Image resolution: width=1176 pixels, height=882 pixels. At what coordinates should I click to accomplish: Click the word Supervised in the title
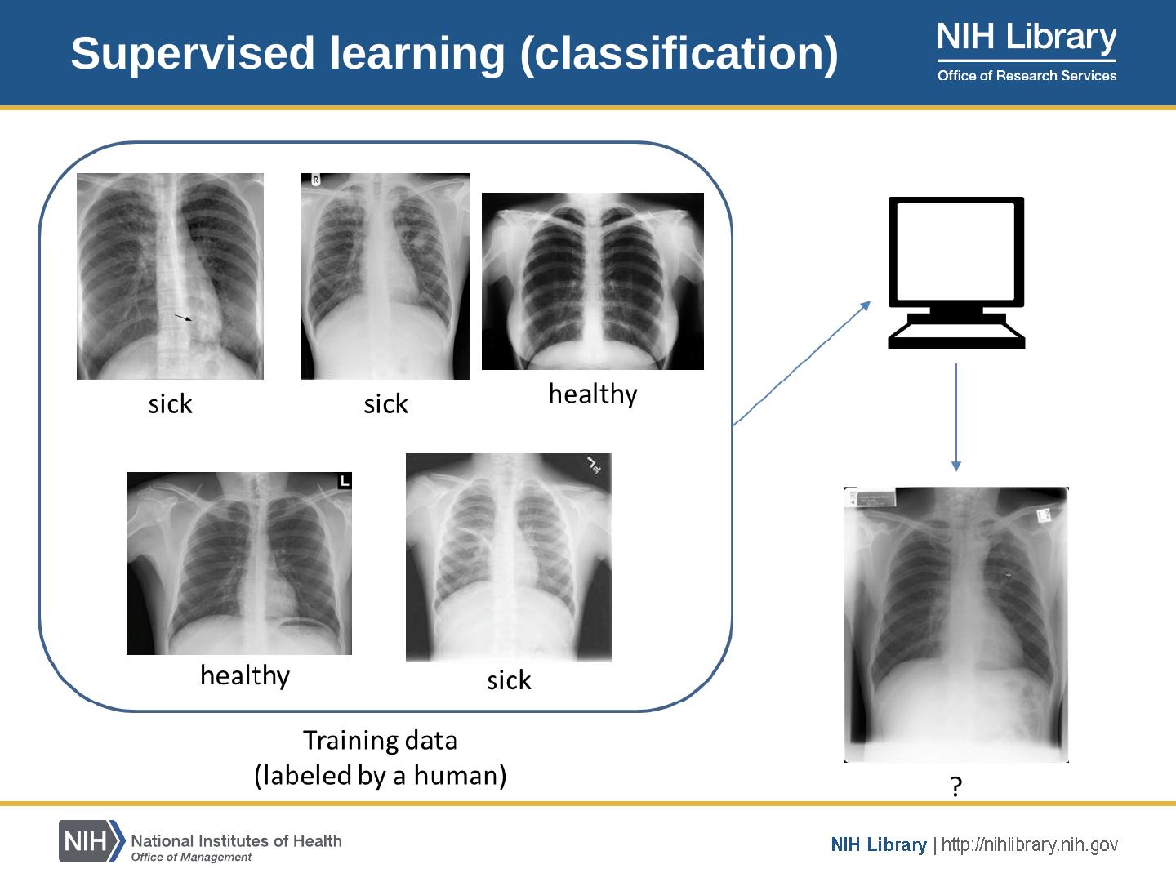(193, 54)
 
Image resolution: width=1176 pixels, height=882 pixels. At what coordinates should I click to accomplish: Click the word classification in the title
(678, 54)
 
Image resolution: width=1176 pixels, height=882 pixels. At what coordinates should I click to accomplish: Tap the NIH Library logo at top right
(1027, 39)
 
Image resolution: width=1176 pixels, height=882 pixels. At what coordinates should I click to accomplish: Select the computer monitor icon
(956, 272)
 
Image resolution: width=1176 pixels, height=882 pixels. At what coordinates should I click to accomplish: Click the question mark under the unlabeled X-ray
(956, 786)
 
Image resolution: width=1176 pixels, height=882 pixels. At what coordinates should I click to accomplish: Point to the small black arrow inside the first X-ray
(184, 317)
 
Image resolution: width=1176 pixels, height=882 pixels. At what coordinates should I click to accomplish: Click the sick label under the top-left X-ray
(170, 404)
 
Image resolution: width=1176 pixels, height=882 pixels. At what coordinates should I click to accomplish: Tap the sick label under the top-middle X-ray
(385, 404)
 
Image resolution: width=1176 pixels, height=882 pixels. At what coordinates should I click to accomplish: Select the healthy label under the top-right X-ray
(592, 394)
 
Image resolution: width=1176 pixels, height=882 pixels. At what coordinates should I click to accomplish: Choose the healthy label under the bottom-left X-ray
(245, 676)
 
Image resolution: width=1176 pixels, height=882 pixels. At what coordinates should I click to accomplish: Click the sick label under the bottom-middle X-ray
(509, 680)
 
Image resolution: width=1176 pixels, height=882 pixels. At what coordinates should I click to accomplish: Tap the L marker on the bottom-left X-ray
(345, 481)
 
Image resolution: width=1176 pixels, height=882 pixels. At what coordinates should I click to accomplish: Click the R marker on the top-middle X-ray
(316, 180)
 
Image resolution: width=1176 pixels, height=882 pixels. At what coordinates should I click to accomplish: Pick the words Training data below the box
(380, 741)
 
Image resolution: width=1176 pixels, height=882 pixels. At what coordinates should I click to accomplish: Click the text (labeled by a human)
(380, 775)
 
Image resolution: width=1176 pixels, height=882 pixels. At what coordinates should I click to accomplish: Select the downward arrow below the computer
(956, 416)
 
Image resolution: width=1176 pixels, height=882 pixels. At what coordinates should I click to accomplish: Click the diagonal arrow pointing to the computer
(802, 363)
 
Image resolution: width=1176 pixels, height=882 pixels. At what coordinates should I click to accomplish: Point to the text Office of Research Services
(1027, 76)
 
